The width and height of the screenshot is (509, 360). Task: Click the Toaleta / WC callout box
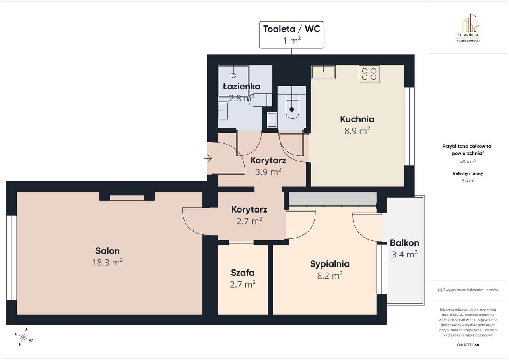pyautogui.click(x=291, y=35)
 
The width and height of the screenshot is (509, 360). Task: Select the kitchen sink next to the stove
pyautogui.click(x=323, y=72)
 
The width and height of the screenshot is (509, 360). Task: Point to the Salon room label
pyautogui.click(x=107, y=251)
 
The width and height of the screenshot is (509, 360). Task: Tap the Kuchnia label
pyautogui.click(x=357, y=119)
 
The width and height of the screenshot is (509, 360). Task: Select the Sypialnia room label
pyautogui.click(x=330, y=264)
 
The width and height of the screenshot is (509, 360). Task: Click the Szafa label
pyautogui.click(x=243, y=273)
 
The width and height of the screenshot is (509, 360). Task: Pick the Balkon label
pyautogui.click(x=404, y=243)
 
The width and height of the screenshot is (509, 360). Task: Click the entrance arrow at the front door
pyautogui.click(x=208, y=159)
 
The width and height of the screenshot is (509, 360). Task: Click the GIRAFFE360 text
pyautogui.click(x=468, y=345)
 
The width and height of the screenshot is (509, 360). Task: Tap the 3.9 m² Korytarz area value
pyautogui.click(x=268, y=172)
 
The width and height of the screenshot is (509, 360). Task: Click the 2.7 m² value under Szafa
pyautogui.click(x=243, y=285)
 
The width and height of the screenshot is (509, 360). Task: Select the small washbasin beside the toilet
pyautogui.click(x=272, y=119)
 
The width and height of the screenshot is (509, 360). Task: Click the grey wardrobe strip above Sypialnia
pyautogui.click(x=332, y=198)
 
